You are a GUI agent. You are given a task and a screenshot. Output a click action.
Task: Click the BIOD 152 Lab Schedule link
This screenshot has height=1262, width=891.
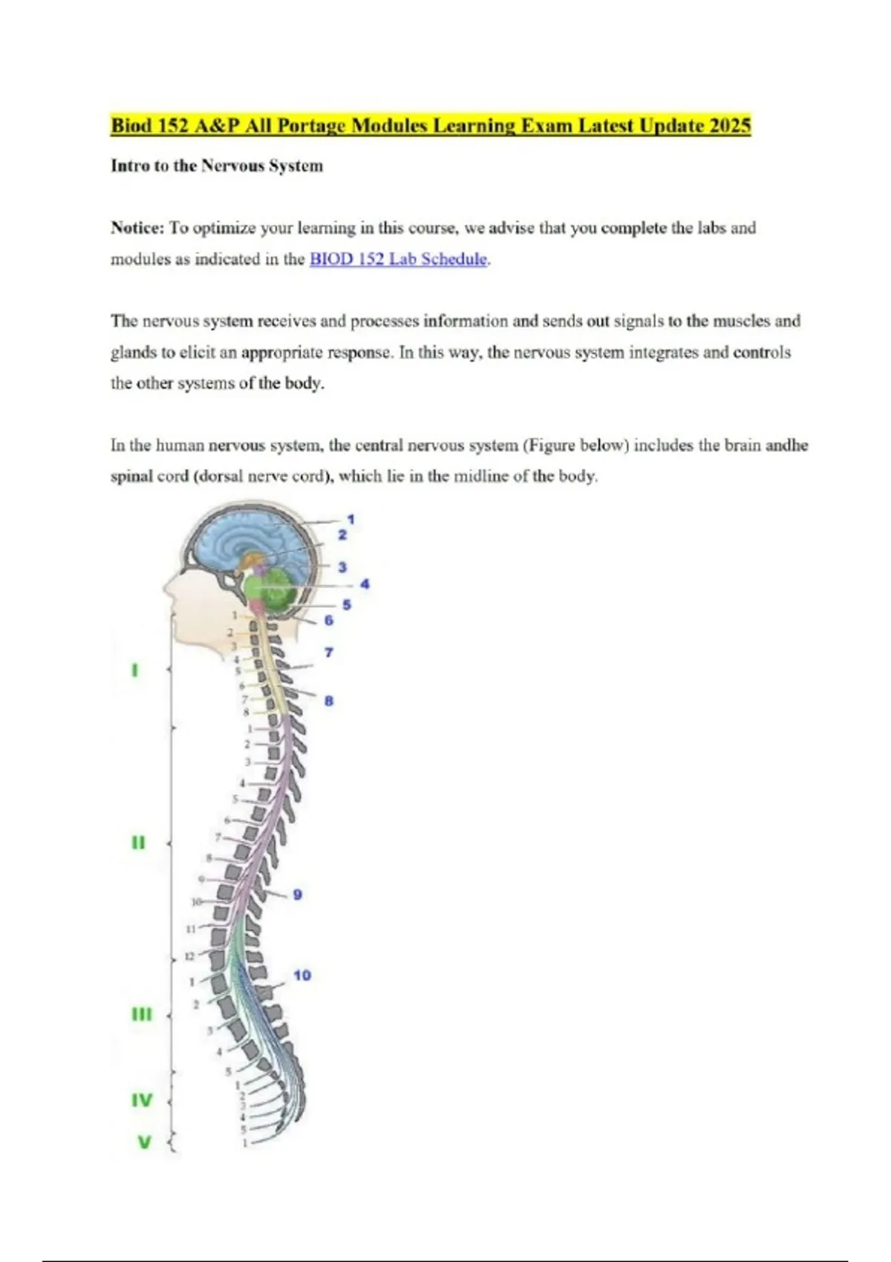coord(399,259)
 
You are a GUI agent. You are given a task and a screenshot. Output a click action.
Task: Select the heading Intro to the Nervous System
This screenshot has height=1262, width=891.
coord(217,166)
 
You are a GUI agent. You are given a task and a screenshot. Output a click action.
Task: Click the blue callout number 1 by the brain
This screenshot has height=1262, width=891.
coord(350,519)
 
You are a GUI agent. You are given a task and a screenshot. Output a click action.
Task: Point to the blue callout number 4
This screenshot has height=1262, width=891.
coord(365,584)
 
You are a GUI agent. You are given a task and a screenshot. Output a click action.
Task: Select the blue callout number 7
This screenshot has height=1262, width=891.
coord(329,653)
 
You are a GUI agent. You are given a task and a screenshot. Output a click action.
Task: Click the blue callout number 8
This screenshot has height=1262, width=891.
coord(329,700)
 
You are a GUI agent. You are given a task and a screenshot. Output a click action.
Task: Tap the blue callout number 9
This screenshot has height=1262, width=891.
coord(297,895)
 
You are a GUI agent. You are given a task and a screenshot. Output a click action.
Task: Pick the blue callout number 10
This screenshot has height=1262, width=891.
coord(302,975)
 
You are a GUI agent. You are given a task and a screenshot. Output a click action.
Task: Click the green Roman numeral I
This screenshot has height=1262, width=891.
coord(134,670)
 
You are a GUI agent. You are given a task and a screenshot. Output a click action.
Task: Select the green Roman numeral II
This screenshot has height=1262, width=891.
coord(138,843)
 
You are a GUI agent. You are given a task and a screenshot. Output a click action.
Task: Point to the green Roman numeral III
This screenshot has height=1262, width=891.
coord(141,1014)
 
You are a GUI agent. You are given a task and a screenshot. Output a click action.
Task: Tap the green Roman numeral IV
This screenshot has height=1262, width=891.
coord(142,1100)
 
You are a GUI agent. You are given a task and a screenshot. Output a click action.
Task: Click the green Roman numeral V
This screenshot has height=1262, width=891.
coord(144,1142)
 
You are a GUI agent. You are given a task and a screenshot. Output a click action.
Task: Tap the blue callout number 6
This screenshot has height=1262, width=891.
coord(328,620)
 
